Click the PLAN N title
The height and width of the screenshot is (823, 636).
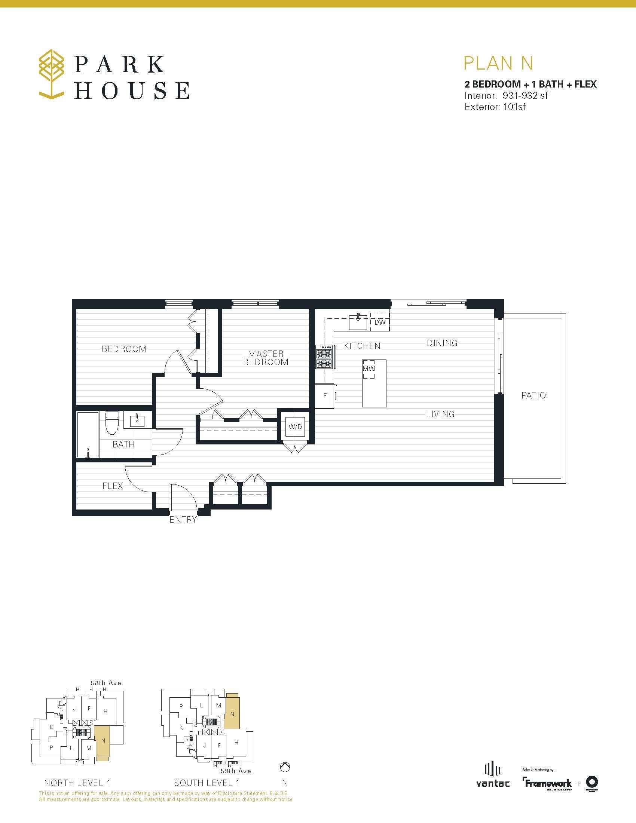(498, 63)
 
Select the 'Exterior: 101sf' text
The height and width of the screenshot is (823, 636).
(495, 107)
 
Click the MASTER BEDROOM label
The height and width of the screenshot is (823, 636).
(266, 358)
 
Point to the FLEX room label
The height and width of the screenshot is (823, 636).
(113, 486)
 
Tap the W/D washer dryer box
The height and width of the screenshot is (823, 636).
(295, 426)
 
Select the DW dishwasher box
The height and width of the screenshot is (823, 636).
(379, 322)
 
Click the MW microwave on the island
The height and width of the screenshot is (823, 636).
(369, 368)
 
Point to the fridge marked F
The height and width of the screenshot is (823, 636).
(325, 396)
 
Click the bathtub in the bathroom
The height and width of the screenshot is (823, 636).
(88, 434)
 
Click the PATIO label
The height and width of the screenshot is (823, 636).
(533, 395)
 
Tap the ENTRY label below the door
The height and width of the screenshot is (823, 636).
(183, 520)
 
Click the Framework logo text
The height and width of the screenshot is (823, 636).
(547, 783)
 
